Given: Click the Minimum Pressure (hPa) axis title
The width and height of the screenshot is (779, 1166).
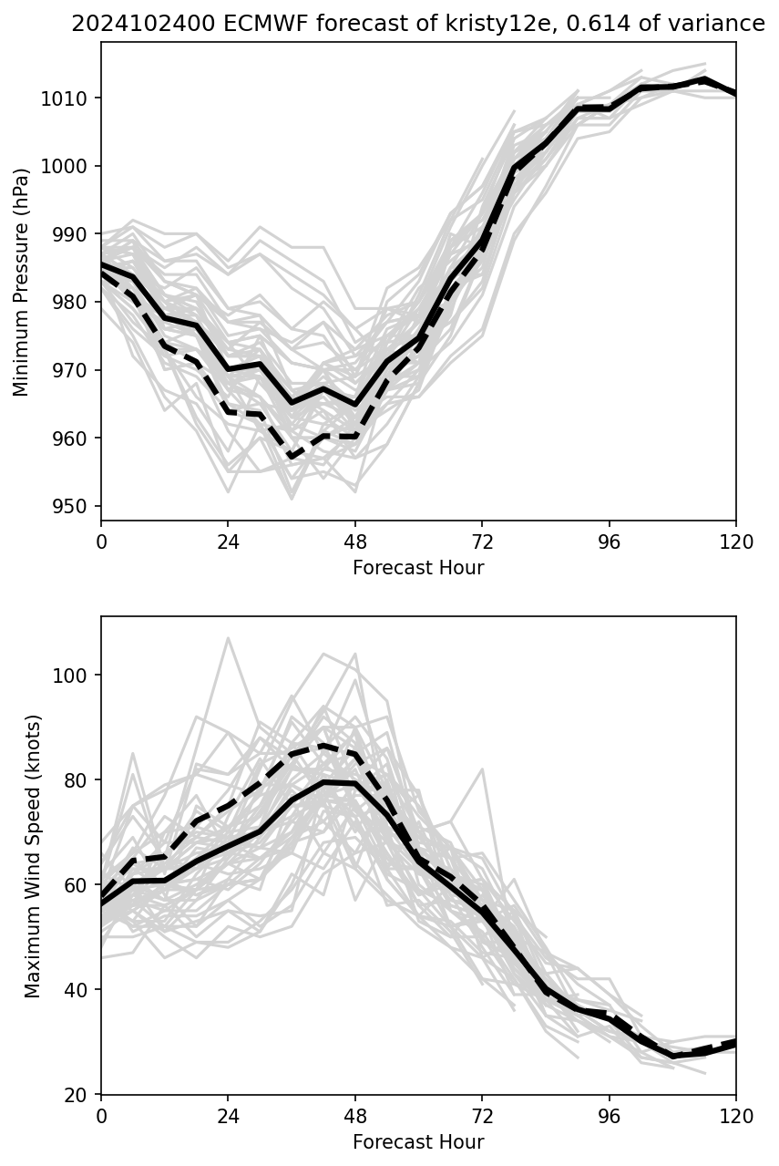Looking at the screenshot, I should click(22, 282).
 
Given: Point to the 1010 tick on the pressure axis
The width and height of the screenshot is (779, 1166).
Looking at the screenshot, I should click(70, 98).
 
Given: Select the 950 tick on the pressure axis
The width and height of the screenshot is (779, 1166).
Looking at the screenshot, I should click(74, 507).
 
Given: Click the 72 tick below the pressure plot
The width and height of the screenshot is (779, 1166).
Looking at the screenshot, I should click(482, 542).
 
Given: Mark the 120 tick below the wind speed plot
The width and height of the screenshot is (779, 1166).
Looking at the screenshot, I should click(736, 1116).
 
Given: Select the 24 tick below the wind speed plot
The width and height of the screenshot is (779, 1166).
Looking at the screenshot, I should click(228, 1116).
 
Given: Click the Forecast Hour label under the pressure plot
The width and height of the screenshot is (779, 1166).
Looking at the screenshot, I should click(418, 568).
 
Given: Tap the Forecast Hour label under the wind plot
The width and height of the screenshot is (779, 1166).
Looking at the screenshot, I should click(418, 1142).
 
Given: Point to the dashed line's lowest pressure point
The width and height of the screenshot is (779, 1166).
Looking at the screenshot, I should click(292, 456).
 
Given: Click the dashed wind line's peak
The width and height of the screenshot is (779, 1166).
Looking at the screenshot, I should click(323, 746).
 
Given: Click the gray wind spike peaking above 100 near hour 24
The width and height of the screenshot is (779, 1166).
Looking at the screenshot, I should click(228, 638).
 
